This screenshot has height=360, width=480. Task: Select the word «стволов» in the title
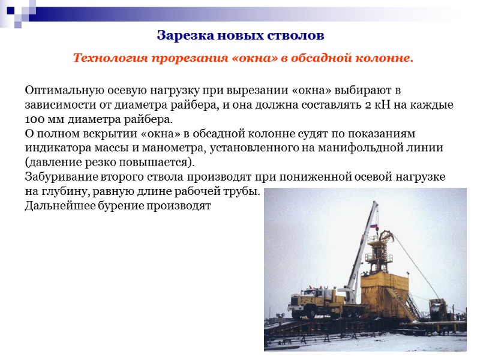click(297, 35)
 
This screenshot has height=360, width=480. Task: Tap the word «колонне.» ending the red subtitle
click(386, 59)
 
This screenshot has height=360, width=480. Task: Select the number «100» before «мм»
click(35, 119)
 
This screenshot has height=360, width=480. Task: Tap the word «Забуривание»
click(59, 177)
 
